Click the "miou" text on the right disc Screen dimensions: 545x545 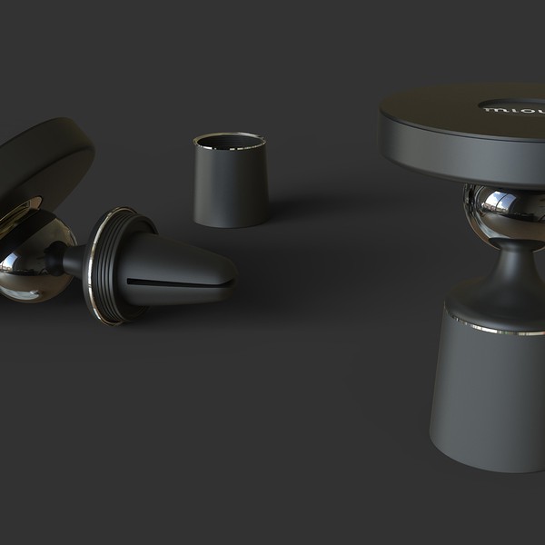pyautogui.click(x=515, y=108)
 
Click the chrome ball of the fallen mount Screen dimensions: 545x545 pyautogui.click(x=32, y=263)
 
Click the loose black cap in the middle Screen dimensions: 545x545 pyautogui.click(x=231, y=186)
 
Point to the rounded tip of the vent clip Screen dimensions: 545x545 pyautogui.click(x=227, y=272)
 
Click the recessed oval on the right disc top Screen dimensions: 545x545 pyautogui.click(x=513, y=102)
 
